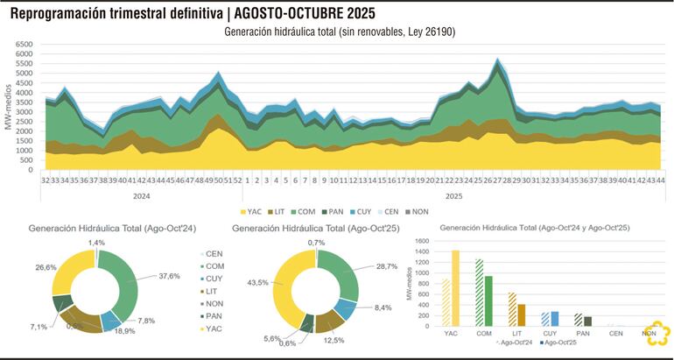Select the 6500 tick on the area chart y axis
[23, 43]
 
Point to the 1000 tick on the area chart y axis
[23, 150]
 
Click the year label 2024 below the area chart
[139, 196]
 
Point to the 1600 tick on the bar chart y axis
[422, 240]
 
